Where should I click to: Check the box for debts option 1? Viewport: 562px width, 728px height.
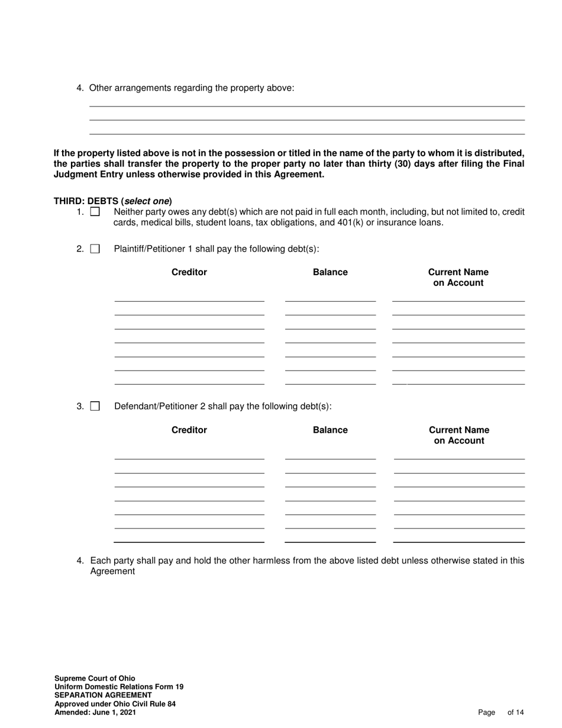point(95,212)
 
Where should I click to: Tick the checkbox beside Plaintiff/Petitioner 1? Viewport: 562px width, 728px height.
point(95,249)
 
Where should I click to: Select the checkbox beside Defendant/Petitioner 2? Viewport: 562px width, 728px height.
point(95,407)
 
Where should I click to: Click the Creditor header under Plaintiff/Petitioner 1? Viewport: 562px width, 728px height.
point(189,272)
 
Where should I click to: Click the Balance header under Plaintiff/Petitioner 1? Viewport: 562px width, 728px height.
point(330,272)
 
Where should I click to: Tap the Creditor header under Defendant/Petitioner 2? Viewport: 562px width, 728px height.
point(189,430)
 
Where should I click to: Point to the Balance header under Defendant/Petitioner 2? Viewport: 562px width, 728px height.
point(330,430)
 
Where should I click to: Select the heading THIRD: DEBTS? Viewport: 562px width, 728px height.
point(86,201)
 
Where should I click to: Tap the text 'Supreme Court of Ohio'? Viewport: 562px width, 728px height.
point(95,679)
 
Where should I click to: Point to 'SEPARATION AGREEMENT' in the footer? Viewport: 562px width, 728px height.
point(103,695)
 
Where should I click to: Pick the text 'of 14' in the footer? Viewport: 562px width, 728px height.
point(516,713)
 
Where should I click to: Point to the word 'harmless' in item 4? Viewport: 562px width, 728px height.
point(275,561)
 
